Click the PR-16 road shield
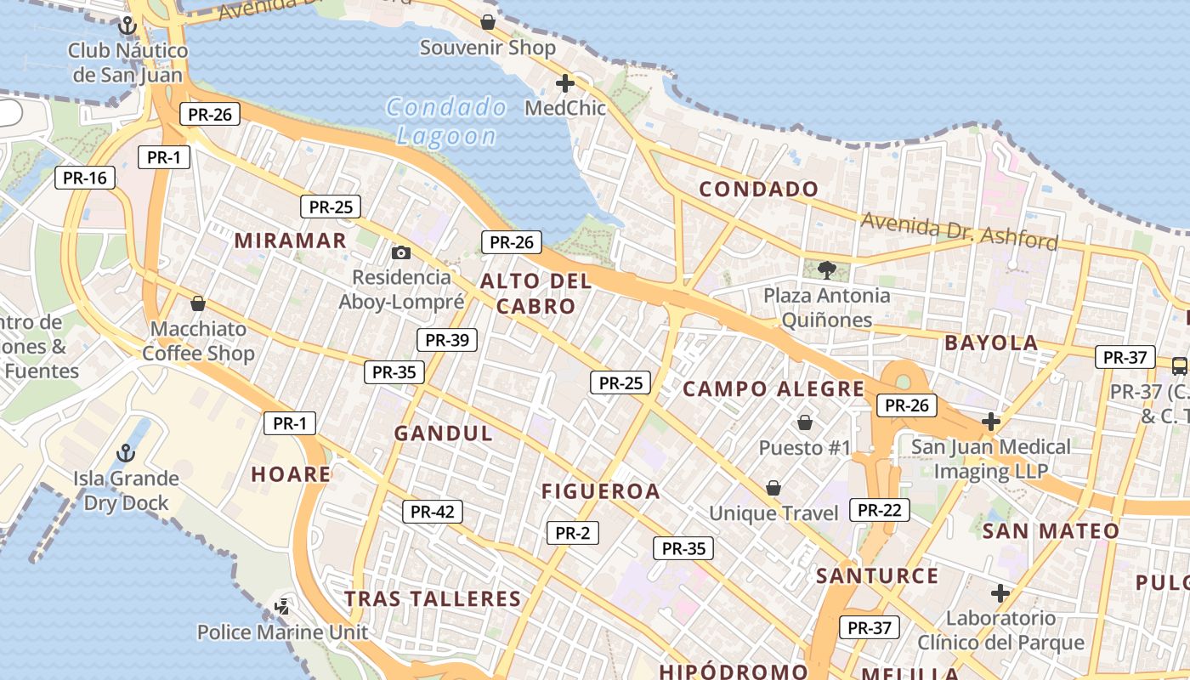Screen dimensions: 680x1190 (x=85, y=178)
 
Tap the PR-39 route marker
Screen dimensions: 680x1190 (x=447, y=340)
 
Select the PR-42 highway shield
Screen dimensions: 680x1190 (x=433, y=512)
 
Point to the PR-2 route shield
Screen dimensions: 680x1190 (x=572, y=533)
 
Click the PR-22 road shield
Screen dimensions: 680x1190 (x=879, y=510)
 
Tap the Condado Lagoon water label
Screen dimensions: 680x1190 (x=446, y=122)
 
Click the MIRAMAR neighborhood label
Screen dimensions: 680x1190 (x=291, y=241)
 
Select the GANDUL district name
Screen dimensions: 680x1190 (x=443, y=433)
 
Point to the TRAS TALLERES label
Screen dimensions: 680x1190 (x=433, y=599)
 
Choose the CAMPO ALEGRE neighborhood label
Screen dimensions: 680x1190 (x=773, y=389)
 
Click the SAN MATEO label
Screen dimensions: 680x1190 (x=1051, y=532)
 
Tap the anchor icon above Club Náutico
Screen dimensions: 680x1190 (x=127, y=25)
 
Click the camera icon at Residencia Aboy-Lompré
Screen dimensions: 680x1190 (x=401, y=252)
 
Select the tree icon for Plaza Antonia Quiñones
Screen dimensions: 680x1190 (x=825, y=270)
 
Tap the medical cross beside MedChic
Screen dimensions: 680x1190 (x=564, y=83)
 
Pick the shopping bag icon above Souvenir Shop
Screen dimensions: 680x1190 (x=488, y=21)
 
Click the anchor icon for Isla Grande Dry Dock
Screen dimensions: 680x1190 (x=126, y=453)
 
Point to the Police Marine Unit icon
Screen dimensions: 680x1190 (x=282, y=607)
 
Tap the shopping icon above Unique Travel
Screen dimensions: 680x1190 (x=773, y=488)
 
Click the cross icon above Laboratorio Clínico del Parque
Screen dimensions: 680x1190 (x=1000, y=592)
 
